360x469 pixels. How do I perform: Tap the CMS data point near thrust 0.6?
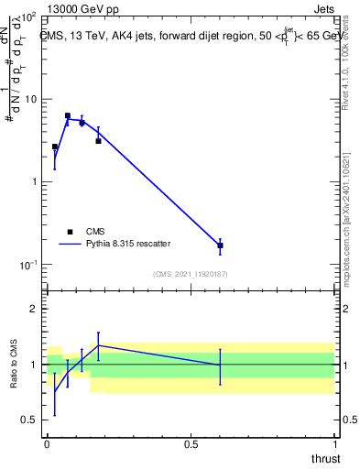click(220, 245)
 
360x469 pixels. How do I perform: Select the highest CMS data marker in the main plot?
click(68, 116)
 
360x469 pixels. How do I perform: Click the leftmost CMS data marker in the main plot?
click(55, 147)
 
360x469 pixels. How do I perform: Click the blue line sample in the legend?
click(70, 244)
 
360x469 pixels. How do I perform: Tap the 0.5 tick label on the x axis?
click(191, 444)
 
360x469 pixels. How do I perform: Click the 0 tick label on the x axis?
click(47, 444)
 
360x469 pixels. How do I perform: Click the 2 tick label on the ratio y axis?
click(35, 309)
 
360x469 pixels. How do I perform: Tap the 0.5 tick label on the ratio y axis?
click(30, 420)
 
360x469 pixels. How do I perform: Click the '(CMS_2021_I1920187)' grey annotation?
click(191, 273)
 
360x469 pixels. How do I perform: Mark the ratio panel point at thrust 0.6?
click(220, 365)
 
